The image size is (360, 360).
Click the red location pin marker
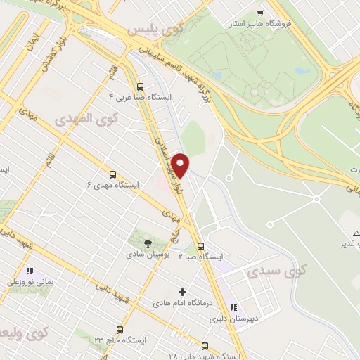pos(181,165)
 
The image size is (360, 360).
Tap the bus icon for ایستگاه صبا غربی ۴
pos(140,87)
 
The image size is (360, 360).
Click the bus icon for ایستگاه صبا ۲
pos(201,246)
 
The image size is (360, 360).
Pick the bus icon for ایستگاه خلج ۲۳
pos(120,329)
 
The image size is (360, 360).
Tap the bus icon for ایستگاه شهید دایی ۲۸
pos(205,346)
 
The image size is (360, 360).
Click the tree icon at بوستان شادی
pos(146,242)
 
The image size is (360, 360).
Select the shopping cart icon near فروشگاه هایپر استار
pos(260,13)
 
